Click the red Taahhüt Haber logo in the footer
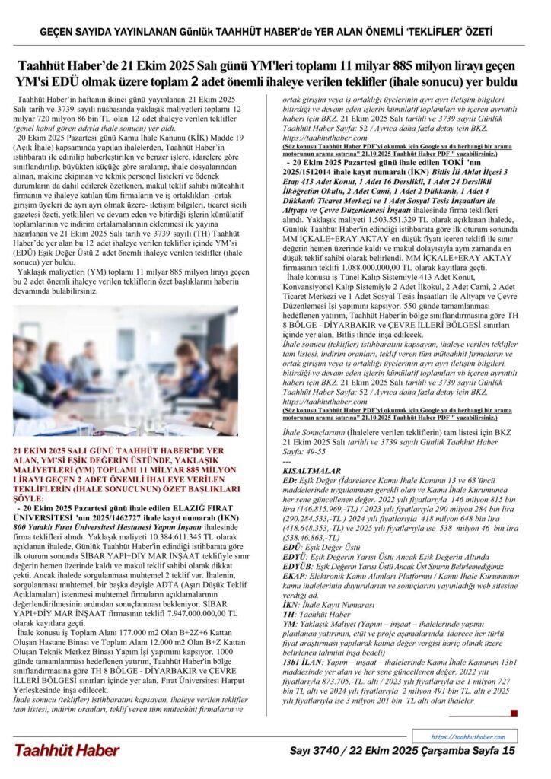[x=66, y=750]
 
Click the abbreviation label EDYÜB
[x=297, y=567]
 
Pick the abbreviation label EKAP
[x=294, y=577]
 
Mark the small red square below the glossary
[x=514, y=713]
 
